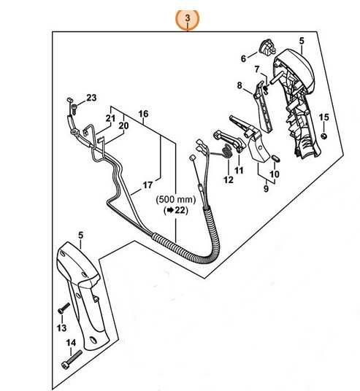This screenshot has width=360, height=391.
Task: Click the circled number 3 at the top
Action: pyautogui.click(x=188, y=16)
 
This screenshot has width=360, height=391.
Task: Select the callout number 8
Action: pyautogui.click(x=239, y=85)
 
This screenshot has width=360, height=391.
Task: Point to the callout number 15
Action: pyautogui.click(x=323, y=117)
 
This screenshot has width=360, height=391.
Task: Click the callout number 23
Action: pyautogui.click(x=91, y=97)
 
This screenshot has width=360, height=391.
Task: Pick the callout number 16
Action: pyautogui.click(x=143, y=113)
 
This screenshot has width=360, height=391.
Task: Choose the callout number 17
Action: pyautogui.click(x=146, y=185)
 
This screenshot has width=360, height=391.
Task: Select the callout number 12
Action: pyautogui.click(x=229, y=179)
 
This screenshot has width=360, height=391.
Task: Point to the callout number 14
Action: pyautogui.click(x=72, y=342)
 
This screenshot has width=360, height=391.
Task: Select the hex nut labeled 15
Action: pyautogui.click(x=323, y=135)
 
